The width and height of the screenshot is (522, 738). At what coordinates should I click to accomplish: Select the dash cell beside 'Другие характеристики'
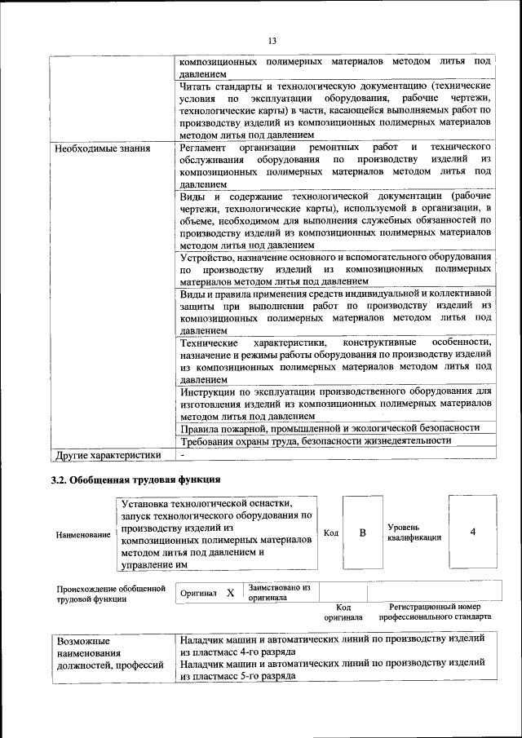184,454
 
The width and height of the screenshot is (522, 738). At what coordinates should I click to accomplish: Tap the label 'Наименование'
83,535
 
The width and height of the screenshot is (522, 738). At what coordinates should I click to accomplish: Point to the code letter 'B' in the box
362,533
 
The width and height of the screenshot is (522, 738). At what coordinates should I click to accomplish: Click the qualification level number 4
472,533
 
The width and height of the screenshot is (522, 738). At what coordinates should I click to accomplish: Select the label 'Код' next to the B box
331,533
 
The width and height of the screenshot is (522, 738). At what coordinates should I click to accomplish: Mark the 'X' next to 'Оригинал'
230,593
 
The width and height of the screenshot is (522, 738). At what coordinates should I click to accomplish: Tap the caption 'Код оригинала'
343,612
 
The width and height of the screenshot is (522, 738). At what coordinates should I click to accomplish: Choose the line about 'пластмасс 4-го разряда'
334,647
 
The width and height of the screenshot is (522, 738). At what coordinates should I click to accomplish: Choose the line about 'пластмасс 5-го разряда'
334,670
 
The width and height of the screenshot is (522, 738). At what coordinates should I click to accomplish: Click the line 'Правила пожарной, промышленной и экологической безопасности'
329,427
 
